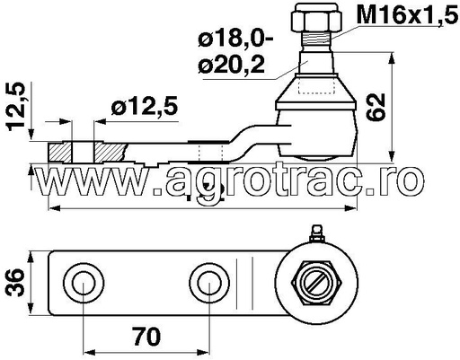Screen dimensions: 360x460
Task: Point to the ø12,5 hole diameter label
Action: pos(144,107)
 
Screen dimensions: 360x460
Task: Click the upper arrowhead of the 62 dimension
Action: pos(394,59)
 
